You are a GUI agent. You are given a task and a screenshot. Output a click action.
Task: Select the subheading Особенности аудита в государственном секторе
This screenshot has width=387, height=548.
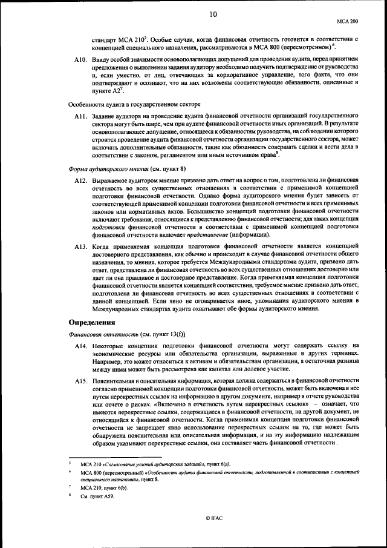[x=129, y=104]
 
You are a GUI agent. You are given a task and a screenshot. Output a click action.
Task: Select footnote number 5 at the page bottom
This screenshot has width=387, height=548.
[x=71, y=462]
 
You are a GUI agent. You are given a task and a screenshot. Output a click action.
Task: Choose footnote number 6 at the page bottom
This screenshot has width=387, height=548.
[x=71, y=471]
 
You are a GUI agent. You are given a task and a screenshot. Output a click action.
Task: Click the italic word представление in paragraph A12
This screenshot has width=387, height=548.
[x=201, y=234]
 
